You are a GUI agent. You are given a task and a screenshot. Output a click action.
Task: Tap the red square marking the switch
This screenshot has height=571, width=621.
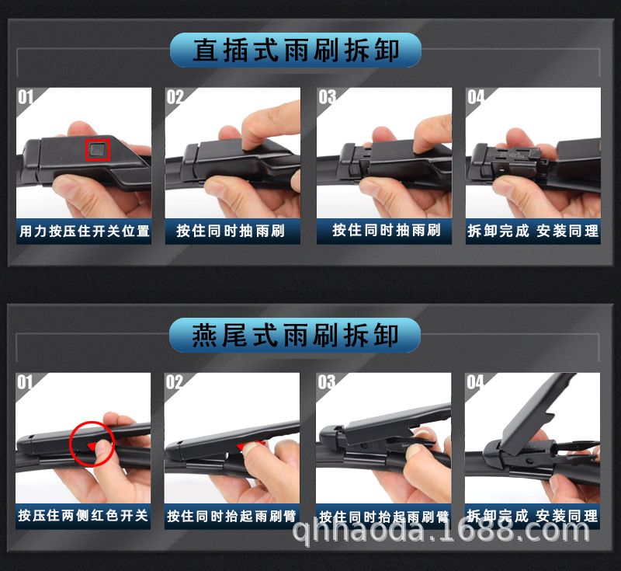[x=98, y=148]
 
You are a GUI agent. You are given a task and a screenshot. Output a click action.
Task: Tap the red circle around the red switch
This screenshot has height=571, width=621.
[x=92, y=444]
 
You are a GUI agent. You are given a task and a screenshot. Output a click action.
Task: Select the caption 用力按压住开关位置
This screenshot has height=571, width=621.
[x=84, y=231]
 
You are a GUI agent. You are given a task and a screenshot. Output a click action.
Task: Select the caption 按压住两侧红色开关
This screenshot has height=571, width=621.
[x=84, y=516]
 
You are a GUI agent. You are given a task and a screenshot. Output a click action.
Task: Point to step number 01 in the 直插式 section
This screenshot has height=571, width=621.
[x=26, y=97]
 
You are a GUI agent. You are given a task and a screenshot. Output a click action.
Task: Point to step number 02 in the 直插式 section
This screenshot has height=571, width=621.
[x=175, y=97]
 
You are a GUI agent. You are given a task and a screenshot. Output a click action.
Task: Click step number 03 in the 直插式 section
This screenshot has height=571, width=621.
[x=327, y=97]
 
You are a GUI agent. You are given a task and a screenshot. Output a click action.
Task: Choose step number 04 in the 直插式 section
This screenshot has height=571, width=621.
[x=476, y=97]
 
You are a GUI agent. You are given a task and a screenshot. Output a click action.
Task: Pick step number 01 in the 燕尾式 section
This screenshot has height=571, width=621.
[x=26, y=382]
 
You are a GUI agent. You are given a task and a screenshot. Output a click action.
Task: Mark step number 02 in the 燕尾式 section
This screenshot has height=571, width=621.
[x=175, y=382]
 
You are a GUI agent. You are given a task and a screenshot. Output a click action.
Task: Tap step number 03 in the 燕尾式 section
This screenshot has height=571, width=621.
[x=327, y=382]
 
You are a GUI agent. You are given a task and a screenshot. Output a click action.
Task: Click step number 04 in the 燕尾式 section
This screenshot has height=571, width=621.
[x=475, y=382]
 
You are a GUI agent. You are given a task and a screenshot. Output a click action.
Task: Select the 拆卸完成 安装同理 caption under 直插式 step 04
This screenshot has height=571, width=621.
[x=533, y=231]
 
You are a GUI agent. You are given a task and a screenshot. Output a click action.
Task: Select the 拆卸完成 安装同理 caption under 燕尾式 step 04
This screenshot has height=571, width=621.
[x=533, y=516]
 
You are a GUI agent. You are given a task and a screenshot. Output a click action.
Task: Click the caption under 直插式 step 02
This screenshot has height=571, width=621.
[x=231, y=231]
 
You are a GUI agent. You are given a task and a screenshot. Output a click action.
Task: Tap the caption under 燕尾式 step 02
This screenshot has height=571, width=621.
[x=231, y=516]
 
